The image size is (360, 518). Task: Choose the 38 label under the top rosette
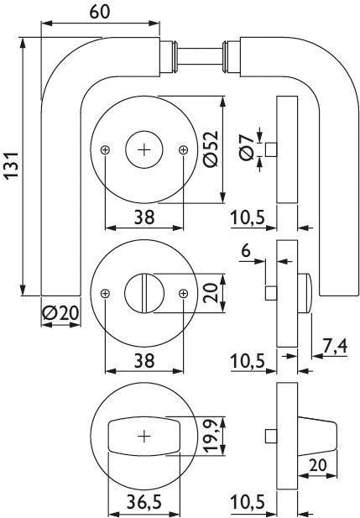(143, 217)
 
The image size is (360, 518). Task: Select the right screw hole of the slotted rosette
(184, 293)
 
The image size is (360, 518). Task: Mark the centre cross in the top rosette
(144, 149)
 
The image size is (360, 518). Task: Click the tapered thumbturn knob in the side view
(316, 436)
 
